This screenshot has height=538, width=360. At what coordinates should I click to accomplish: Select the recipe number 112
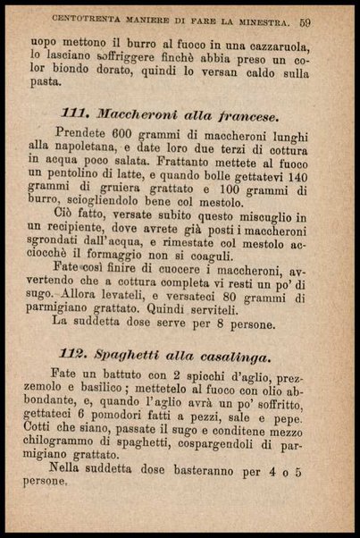76,357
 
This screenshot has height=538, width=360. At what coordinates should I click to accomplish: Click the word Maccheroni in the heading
134,115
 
